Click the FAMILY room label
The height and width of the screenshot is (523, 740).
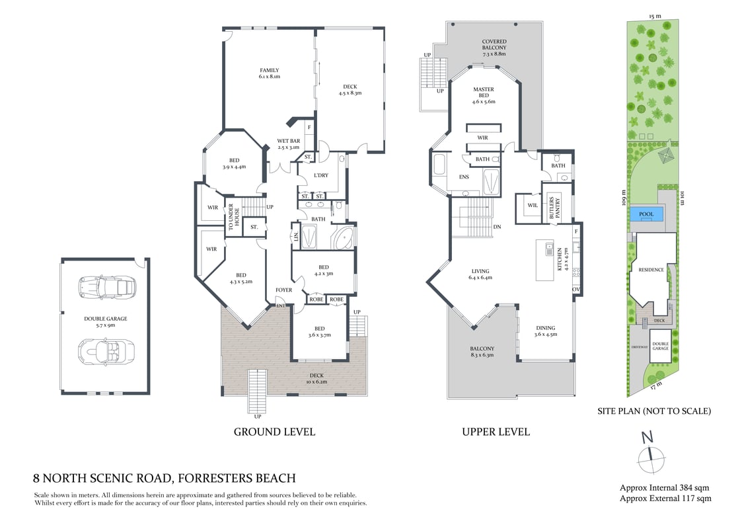(x=269, y=73)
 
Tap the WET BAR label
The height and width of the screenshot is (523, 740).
(x=288, y=144)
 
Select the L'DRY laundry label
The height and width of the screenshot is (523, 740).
(x=321, y=175)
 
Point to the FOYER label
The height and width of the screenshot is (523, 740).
(x=283, y=290)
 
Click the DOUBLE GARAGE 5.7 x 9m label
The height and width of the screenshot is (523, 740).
(x=105, y=321)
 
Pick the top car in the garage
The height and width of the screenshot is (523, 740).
(x=107, y=287)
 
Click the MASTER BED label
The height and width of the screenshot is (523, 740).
(x=484, y=95)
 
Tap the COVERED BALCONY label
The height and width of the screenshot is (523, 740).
(x=494, y=48)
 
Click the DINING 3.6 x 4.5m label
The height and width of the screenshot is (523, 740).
(x=545, y=331)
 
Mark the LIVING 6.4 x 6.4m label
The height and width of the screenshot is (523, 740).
(x=481, y=274)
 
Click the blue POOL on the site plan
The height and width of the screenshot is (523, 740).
(x=646, y=214)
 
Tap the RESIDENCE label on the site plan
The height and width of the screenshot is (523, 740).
(x=650, y=270)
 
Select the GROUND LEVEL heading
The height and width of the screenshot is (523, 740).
(x=274, y=432)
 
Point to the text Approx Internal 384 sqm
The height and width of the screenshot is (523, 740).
(x=665, y=488)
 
